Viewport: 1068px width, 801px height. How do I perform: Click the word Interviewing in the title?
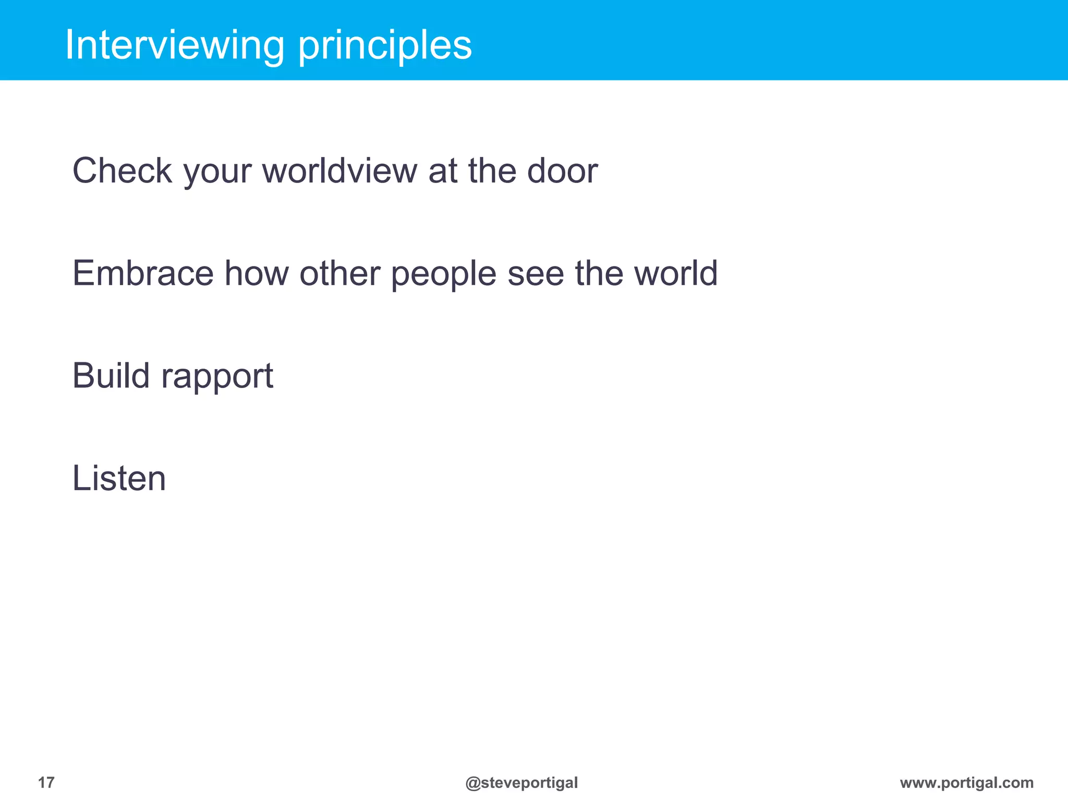coord(174,46)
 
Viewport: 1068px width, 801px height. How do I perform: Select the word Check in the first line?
coord(122,171)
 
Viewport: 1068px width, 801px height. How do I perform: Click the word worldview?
coord(339,171)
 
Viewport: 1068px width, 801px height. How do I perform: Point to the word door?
coord(562,171)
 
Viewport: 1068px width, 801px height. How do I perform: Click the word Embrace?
coord(143,273)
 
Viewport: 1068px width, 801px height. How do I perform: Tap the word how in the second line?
coord(256,273)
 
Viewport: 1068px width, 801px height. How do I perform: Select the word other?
coord(339,273)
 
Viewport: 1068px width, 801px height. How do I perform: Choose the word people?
coord(443,274)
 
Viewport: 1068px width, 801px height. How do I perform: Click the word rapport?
coord(217,377)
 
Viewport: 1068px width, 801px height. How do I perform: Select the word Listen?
coord(119,478)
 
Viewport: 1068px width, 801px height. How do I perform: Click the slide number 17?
coord(46,782)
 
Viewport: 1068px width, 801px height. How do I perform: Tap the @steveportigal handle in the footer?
coord(521,783)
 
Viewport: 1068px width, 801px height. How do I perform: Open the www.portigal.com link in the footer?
coord(966,783)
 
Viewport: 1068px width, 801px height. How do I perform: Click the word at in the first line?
coord(443,172)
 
